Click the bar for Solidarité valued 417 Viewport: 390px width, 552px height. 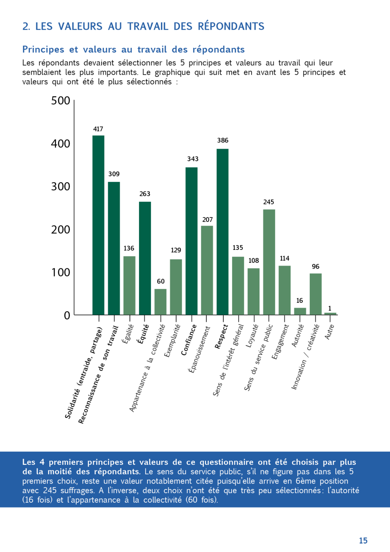pos(98,225)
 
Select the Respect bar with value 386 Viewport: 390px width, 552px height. pos(223,231)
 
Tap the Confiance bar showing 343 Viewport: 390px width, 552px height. pos(191,241)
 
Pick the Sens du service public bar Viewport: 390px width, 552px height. pos(269,262)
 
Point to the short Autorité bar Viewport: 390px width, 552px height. pos(300,311)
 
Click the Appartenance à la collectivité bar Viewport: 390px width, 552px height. pos(160,302)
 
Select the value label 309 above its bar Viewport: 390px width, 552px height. pos(114,174)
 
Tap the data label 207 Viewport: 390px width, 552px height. pos(208,220)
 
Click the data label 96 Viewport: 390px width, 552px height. pos(316,266)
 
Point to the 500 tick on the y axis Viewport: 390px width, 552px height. pos(61,100)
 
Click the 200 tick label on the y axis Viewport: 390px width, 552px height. pos(61,230)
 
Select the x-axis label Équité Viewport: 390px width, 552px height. pos(143,334)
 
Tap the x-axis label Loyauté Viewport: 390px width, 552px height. pos(252,335)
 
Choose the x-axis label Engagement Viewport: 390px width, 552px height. pos(280,342)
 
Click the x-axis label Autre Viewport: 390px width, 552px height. pos(330,332)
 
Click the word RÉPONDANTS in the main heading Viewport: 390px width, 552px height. pos(231,26)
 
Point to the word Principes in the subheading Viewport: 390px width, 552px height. pos(43,49)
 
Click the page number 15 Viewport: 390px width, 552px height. pos(363,541)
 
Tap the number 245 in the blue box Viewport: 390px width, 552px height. pos(50,491)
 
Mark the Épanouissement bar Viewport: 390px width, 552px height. pos(207,270)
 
